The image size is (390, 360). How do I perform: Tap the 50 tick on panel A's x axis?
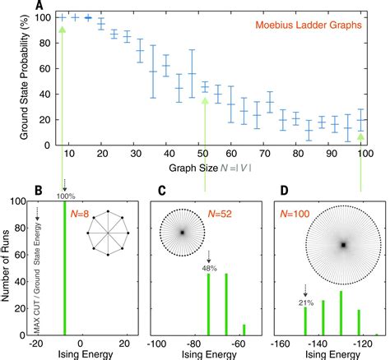pyautogui.click(x=205, y=154)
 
